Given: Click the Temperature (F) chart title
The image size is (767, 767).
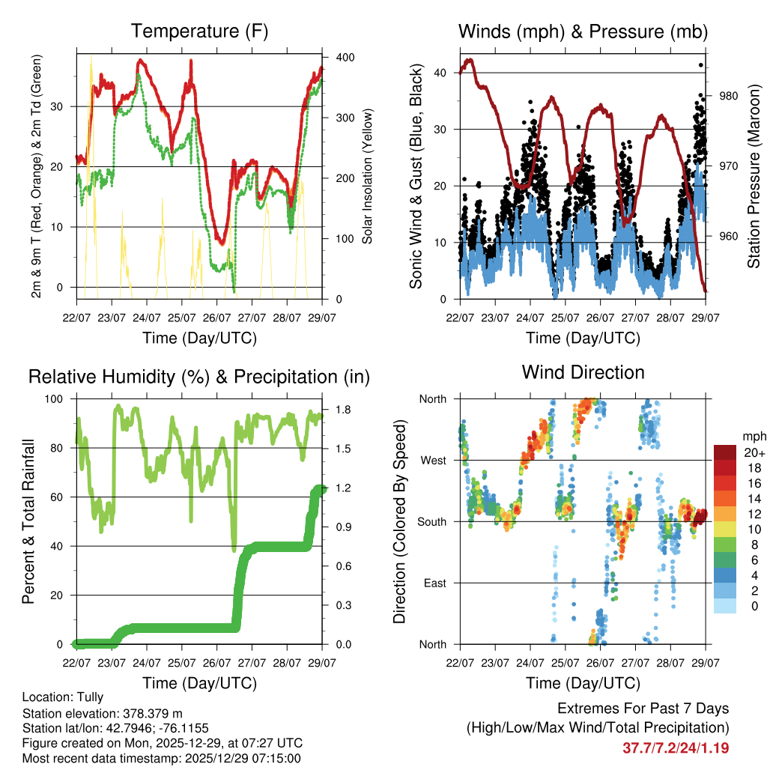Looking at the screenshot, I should pyautogui.click(x=199, y=31).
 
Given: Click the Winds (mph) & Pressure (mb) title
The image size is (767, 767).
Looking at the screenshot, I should pyautogui.click(x=583, y=31).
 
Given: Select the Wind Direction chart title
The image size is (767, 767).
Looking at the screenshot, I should pyautogui.click(x=583, y=372).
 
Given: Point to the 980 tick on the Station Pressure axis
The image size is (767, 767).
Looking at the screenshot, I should pyautogui.click(x=730, y=96).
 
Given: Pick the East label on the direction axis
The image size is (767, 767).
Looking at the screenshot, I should pyautogui.click(x=434, y=583).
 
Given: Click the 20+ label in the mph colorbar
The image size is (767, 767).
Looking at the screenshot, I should pyautogui.click(x=753, y=453).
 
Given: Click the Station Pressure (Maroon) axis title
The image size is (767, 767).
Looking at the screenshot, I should pyautogui.click(x=754, y=176).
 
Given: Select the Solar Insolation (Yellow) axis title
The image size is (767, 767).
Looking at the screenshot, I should pyautogui.click(x=367, y=176).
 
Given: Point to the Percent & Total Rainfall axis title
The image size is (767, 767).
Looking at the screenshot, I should pyautogui.click(x=28, y=521).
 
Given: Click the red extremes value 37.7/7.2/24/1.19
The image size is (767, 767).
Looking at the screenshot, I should pyautogui.click(x=676, y=748).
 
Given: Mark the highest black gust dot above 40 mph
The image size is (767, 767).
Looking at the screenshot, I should pyautogui.click(x=701, y=65).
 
